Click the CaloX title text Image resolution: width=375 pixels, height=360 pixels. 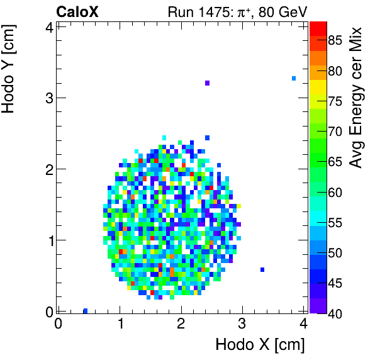coord(78,12)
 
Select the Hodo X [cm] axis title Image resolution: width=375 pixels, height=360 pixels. coord(260,345)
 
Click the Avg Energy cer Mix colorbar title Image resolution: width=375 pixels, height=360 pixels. coord(356,98)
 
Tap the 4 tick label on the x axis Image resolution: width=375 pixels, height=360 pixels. coord(304,324)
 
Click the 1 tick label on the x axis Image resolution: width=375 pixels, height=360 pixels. coord(120,324)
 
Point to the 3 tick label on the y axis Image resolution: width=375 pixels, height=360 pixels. coord(47,98)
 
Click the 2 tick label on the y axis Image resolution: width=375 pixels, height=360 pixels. coord(47,169)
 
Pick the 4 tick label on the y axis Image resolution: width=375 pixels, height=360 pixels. coord(47,26)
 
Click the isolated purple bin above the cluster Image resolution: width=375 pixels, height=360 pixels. coord(207,83)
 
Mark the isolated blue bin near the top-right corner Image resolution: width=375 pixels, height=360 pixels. coord(294,78)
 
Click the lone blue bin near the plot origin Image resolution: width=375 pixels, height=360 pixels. coord(85,310)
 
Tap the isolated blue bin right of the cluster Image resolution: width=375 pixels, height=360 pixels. coord(262,269)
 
